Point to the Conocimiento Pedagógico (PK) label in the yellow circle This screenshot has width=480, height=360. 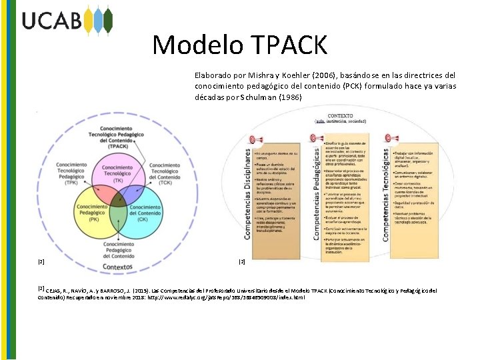pyautogui.click(x=88, y=213)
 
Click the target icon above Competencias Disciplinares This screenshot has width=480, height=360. pyautogui.click(x=251, y=138)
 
